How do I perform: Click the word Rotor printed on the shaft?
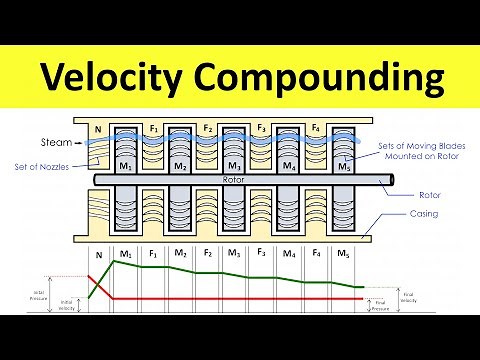pos(234,180)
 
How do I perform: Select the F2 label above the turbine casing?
pos(207,128)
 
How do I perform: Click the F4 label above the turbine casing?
pos(317,128)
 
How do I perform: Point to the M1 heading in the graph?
pos(126,254)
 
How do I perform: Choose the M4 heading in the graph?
pos(289,254)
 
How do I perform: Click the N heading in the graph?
pos(98,254)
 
